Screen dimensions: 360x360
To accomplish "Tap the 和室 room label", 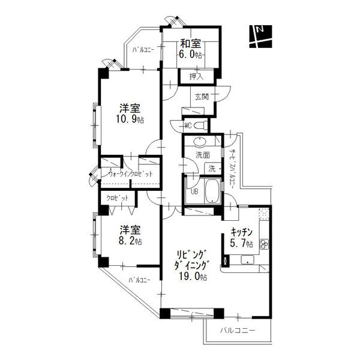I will coord(191,44).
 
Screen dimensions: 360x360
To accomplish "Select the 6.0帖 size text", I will coord(191,54).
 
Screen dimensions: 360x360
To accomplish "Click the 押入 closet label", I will coord(196,76).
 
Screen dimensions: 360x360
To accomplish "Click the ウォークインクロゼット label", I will coord(130,174).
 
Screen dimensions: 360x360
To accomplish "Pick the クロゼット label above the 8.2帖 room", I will coord(118,197).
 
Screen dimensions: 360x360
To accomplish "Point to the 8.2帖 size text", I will coord(130,241).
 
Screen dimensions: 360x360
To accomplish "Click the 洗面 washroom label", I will coord(202,155).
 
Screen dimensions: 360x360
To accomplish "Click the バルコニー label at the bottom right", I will coord(238,331).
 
